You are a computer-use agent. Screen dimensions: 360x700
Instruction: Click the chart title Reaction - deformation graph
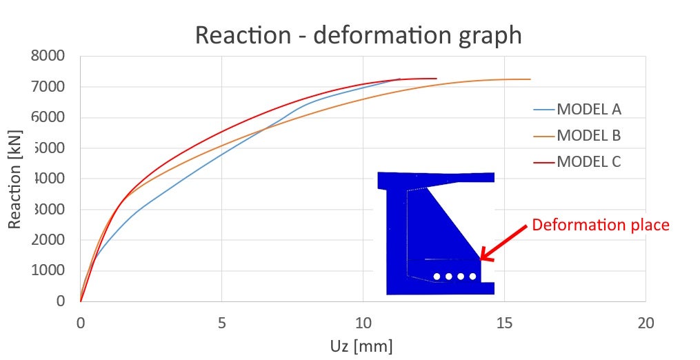[x=358, y=34]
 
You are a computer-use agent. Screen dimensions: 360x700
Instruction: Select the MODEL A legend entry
[x=589, y=109]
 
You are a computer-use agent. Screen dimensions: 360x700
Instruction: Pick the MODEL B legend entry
[x=589, y=135]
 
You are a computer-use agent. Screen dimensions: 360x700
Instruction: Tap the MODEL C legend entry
[x=589, y=162]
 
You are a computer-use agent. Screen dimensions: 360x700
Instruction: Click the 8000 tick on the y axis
[x=48, y=56]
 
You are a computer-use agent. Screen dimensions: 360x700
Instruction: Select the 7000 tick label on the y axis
[x=48, y=87]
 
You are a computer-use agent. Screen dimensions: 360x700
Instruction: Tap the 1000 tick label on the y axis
[x=48, y=270]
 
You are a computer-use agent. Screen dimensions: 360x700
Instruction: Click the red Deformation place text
[x=601, y=225]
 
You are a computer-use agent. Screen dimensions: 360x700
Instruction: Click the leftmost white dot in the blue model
[x=437, y=277]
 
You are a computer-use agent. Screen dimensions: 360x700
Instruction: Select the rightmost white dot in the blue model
[x=472, y=277]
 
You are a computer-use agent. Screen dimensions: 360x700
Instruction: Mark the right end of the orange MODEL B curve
[x=530, y=79]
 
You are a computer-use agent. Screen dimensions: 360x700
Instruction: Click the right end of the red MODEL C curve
[x=436, y=79]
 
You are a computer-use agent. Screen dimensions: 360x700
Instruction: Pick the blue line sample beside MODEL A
[x=543, y=109]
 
